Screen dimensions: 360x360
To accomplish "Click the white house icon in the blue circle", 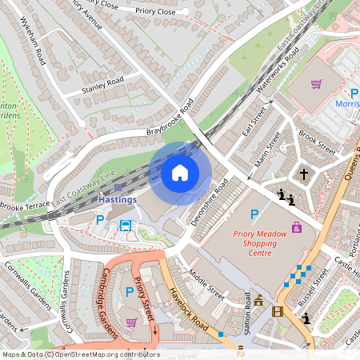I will coord(180,172).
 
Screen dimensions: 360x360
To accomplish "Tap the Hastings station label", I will coord(118,198).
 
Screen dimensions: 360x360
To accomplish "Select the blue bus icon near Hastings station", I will coord(126,225).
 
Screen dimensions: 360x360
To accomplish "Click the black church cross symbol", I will coord(303,173).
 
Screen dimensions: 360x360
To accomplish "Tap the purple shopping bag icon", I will coord(298,227).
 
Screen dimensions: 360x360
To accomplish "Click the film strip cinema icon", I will coord(278,311).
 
